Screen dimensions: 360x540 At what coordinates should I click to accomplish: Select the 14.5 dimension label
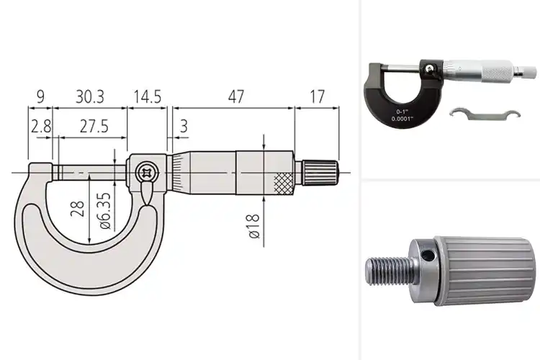point(147,95)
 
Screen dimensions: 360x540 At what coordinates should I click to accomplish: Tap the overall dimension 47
point(231,95)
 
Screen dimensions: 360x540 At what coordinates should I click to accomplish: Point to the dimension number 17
point(317,95)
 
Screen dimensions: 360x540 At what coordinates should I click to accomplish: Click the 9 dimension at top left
point(40,95)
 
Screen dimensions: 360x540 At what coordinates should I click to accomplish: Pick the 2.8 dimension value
point(40,126)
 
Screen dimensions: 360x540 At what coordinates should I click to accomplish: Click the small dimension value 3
point(183,126)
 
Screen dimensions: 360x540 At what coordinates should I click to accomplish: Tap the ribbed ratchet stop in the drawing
point(319,173)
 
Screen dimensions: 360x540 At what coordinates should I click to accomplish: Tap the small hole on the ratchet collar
point(428,255)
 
